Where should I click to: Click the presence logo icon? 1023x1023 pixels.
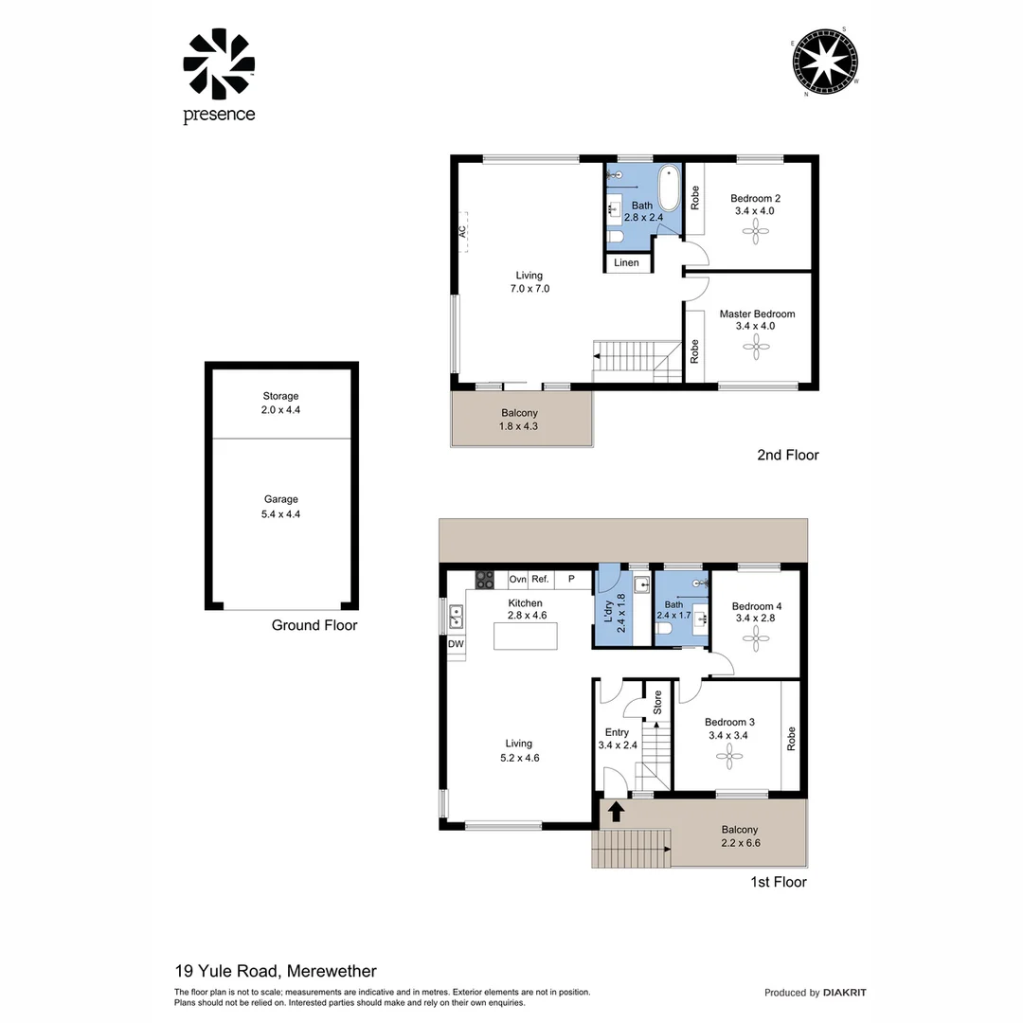click(219, 64)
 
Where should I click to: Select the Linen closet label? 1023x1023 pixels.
click(626, 262)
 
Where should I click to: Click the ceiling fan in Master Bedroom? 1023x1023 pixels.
click(756, 349)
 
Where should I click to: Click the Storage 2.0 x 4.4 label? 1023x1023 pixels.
click(281, 403)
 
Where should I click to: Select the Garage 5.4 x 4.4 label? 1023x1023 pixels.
click(281, 506)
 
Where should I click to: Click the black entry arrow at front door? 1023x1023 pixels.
click(616, 811)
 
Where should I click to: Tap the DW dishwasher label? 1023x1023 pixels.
click(456, 645)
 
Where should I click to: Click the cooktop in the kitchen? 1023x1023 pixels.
click(485, 578)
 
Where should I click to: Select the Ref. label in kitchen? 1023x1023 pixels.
click(540, 579)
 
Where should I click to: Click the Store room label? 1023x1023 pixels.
click(656, 702)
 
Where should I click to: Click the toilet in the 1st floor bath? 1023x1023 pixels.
click(666, 626)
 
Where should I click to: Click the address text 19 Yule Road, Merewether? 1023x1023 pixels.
click(276, 971)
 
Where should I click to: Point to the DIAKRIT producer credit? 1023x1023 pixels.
click(844, 993)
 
